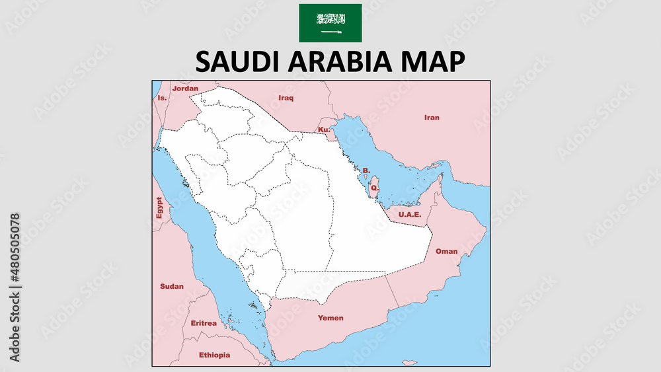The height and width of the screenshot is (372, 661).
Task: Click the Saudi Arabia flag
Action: pos(330,22)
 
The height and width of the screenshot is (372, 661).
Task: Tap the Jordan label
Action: pos(184,88)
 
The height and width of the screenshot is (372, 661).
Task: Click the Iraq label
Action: pos(286,98)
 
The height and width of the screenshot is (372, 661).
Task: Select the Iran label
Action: pos(431,118)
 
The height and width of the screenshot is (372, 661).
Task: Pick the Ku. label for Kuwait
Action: pos(324,130)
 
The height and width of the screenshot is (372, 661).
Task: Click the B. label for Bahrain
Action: pos(366,170)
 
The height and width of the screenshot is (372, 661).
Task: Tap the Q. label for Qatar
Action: pos(374,188)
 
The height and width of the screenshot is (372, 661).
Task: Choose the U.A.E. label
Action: pos(410,214)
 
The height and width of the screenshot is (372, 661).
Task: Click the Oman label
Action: pos(446,251)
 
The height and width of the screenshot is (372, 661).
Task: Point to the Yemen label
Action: pos(330,318)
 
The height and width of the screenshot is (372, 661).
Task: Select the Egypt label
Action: pos(159,207)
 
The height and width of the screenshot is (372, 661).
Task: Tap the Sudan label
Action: pos(172,286)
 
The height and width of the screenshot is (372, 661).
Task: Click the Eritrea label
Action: pos(203,323)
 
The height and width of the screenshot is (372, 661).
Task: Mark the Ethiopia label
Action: pos(215,355)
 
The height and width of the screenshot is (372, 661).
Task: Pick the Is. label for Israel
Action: pos(162,98)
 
